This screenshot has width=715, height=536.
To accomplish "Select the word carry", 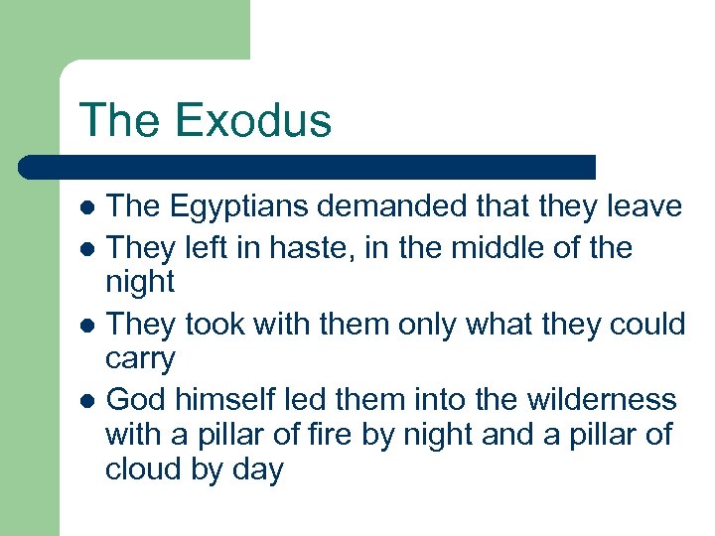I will (140, 360).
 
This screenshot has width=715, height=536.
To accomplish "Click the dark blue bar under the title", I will (308, 167).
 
